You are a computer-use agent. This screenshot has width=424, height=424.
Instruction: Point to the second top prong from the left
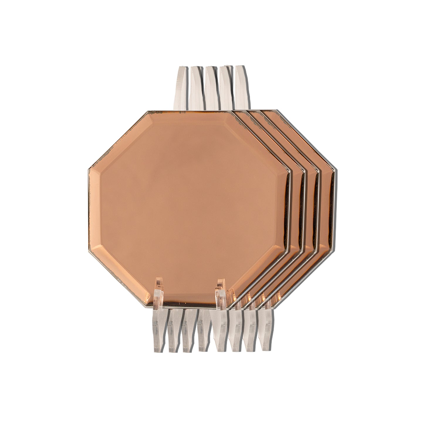tap(195, 88)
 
